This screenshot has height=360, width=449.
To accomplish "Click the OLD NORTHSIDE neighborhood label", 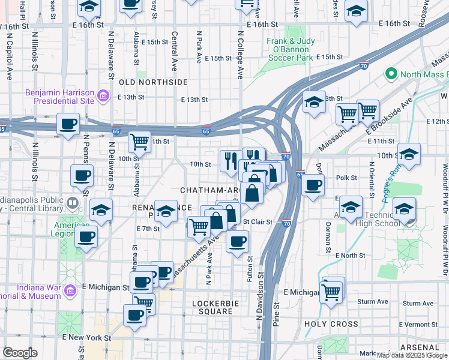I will click(154, 82).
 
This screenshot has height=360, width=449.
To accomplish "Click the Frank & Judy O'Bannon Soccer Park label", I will click(290, 50).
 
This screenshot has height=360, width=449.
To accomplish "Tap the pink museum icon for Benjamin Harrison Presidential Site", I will click(103, 95).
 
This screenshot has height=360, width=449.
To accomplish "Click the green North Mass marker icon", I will click(391, 74).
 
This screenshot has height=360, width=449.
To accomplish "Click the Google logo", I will click(20, 353).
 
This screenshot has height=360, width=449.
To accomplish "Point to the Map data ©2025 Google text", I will click(411, 355).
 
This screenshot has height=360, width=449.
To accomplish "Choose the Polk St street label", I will click(346, 178).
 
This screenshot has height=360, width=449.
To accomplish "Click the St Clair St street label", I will click(258, 222).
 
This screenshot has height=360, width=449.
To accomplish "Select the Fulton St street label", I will click(250, 266).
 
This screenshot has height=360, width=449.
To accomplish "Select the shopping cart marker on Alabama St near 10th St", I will click(139, 142).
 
